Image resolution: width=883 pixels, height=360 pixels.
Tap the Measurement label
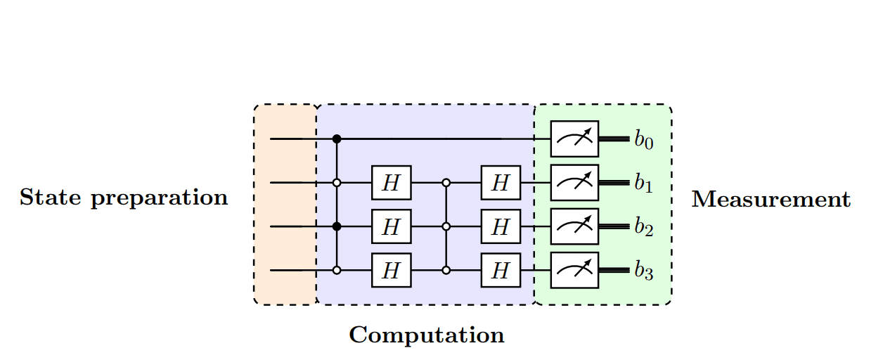771,200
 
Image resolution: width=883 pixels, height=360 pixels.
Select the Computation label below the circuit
427,335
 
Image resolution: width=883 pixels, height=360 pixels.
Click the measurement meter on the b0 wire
574,139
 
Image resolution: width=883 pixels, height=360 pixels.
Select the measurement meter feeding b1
574,183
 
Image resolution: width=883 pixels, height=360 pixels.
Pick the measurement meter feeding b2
574,226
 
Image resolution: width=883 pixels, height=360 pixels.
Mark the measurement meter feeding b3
574,270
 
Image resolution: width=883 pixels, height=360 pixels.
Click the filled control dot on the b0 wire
337,139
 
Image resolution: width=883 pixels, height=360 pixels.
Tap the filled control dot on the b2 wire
337,226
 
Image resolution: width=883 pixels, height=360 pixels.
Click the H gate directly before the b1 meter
501,183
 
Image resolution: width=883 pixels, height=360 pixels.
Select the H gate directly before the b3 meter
501,270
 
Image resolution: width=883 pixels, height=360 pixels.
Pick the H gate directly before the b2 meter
501,226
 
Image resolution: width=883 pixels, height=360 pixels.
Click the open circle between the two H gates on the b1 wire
446,183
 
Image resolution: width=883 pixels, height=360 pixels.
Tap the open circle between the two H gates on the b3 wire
446,270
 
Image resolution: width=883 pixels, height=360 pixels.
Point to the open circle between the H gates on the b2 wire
446,226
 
